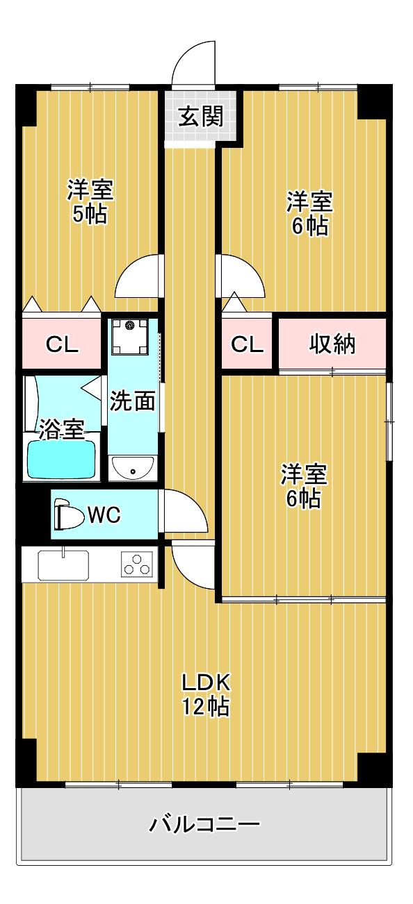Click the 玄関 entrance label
pos(201,117)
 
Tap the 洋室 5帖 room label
pos(90,201)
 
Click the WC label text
pos(104,515)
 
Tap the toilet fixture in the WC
pos(67,514)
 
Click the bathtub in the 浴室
pos(61,459)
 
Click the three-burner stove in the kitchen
pos(137,563)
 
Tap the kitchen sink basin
pos(63,564)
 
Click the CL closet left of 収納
pos(247,344)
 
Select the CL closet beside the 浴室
pos(61,344)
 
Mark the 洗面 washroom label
pos(133,401)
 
